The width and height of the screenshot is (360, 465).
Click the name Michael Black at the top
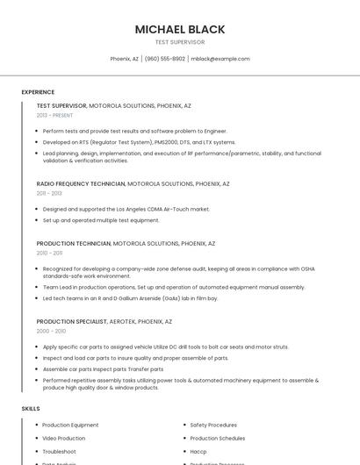(179, 29)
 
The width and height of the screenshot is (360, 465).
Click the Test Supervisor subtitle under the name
(179, 42)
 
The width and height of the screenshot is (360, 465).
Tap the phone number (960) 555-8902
(165, 59)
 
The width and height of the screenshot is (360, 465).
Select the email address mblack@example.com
(220, 59)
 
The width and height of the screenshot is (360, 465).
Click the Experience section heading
(38, 92)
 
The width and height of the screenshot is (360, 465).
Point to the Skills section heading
(31, 409)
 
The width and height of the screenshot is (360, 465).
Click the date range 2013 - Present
(54, 115)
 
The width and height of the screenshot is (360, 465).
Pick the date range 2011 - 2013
(49, 193)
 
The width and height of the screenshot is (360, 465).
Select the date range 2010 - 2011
(49, 253)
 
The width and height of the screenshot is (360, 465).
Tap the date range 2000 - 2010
(51, 331)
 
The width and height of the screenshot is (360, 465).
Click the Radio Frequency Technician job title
(81, 184)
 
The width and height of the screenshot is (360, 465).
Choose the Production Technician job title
(74, 243)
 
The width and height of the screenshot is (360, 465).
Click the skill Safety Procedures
(213, 425)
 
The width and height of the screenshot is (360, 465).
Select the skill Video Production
(64, 438)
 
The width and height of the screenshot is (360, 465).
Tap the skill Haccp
(198, 451)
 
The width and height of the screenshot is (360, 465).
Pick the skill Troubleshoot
(60, 451)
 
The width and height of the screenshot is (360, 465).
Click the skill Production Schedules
(218, 438)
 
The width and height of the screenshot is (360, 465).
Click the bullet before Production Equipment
(35, 425)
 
